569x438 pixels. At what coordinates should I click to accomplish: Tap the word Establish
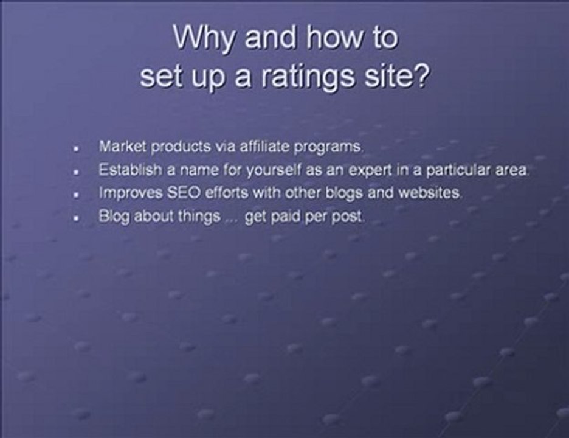125,170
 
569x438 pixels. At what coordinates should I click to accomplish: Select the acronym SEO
176,193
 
